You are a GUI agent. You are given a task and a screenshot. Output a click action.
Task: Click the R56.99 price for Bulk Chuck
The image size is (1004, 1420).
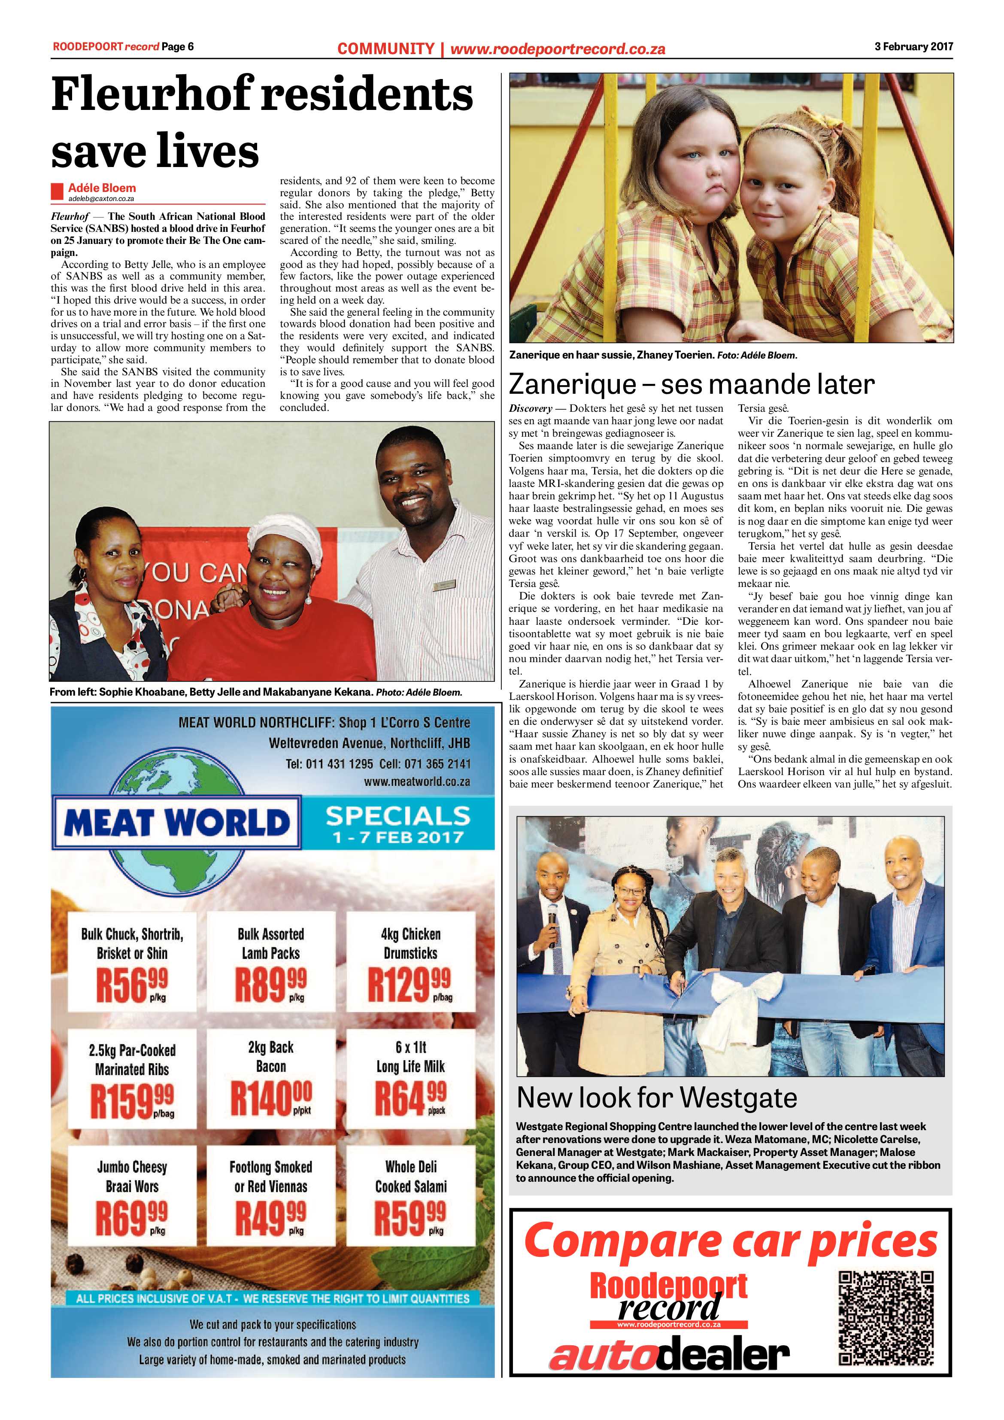[131, 985]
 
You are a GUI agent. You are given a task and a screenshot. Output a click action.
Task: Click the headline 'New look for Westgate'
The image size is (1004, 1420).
[657, 1098]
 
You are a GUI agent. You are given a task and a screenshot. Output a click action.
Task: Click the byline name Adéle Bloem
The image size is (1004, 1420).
[102, 187]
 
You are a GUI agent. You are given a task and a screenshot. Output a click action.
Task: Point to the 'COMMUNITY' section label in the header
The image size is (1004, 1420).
[386, 48]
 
